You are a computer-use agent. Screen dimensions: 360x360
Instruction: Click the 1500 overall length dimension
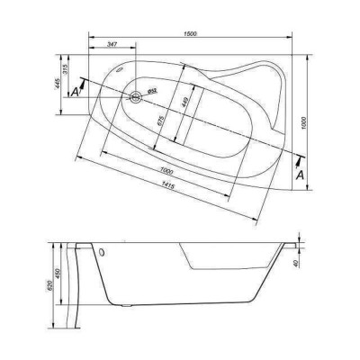(190, 33)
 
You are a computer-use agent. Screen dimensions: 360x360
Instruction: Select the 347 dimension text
(112, 44)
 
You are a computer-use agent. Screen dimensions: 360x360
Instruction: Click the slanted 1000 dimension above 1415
(161, 170)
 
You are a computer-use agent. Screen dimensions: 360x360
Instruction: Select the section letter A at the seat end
(300, 174)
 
